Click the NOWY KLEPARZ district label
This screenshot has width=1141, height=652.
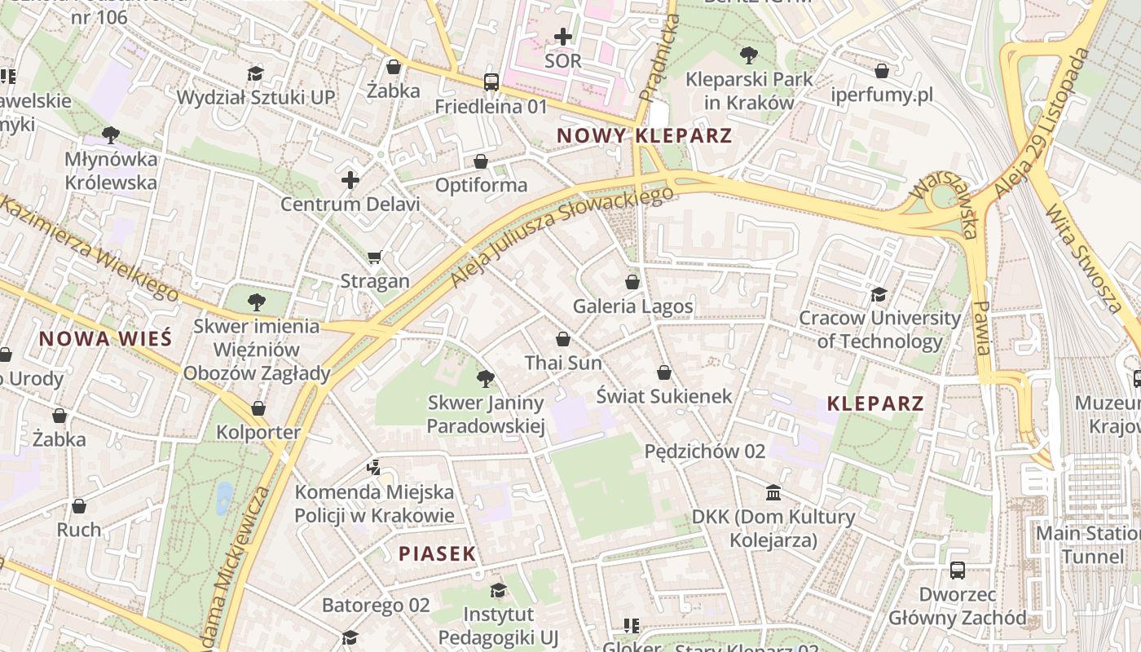(x=644, y=135)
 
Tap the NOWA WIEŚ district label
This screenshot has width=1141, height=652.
(x=105, y=339)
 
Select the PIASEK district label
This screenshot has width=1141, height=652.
(x=437, y=554)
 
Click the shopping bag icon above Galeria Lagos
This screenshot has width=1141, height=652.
(x=632, y=282)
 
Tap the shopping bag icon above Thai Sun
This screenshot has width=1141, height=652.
(x=562, y=339)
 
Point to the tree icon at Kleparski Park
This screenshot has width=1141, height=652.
(x=748, y=55)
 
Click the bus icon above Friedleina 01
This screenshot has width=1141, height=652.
(x=491, y=81)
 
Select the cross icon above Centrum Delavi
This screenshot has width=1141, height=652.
(x=350, y=180)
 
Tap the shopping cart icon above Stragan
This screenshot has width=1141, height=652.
(x=375, y=258)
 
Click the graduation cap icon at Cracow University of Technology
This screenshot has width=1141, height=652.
(x=879, y=293)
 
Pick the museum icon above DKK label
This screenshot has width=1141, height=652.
(x=773, y=493)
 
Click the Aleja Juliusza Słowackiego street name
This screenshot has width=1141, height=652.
(x=562, y=236)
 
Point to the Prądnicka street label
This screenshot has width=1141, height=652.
(x=659, y=57)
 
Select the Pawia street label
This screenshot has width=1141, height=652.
(x=981, y=328)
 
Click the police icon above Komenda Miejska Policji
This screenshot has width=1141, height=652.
(x=374, y=468)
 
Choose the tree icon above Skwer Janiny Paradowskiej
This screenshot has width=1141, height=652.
(x=485, y=378)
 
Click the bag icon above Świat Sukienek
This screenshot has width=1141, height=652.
(x=664, y=372)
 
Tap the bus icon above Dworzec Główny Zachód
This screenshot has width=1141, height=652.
(x=957, y=570)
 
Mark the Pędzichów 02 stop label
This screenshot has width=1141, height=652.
(x=705, y=452)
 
